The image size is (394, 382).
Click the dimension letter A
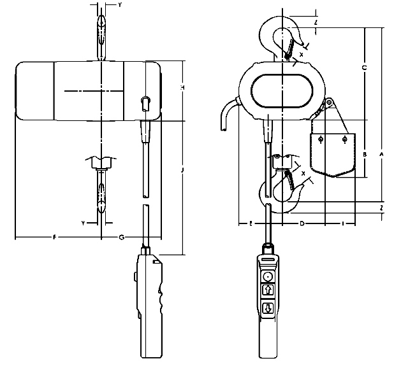pyautogui.click(x=381, y=154)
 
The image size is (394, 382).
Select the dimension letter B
pyautogui.click(x=364, y=154)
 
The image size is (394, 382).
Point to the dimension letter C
pyautogui.click(x=363, y=67)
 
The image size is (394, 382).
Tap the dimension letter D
pyautogui.click(x=302, y=223)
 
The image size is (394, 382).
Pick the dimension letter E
pyautogui.click(x=250, y=223)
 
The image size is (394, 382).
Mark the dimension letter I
pyautogui.click(x=344, y=223)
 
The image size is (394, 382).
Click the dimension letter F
pyautogui.click(x=55, y=237)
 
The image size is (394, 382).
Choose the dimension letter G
pyautogui.click(x=121, y=237)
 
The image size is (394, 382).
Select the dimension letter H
pyautogui.click(x=183, y=87)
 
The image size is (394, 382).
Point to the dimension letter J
pyautogui.click(x=183, y=171)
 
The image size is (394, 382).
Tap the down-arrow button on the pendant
pyautogui.click(x=268, y=309)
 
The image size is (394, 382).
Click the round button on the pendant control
pyautogui.click(x=268, y=276)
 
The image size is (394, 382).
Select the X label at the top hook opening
pyautogui.click(x=301, y=55)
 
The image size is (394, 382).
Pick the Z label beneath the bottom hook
pyautogui.click(x=381, y=208)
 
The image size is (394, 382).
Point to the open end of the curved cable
pyautogui.click(x=223, y=131)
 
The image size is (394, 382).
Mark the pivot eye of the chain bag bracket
pyautogui.click(x=329, y=103)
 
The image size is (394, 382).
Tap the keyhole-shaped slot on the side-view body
pyautogui.click(x=145, y=102)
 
